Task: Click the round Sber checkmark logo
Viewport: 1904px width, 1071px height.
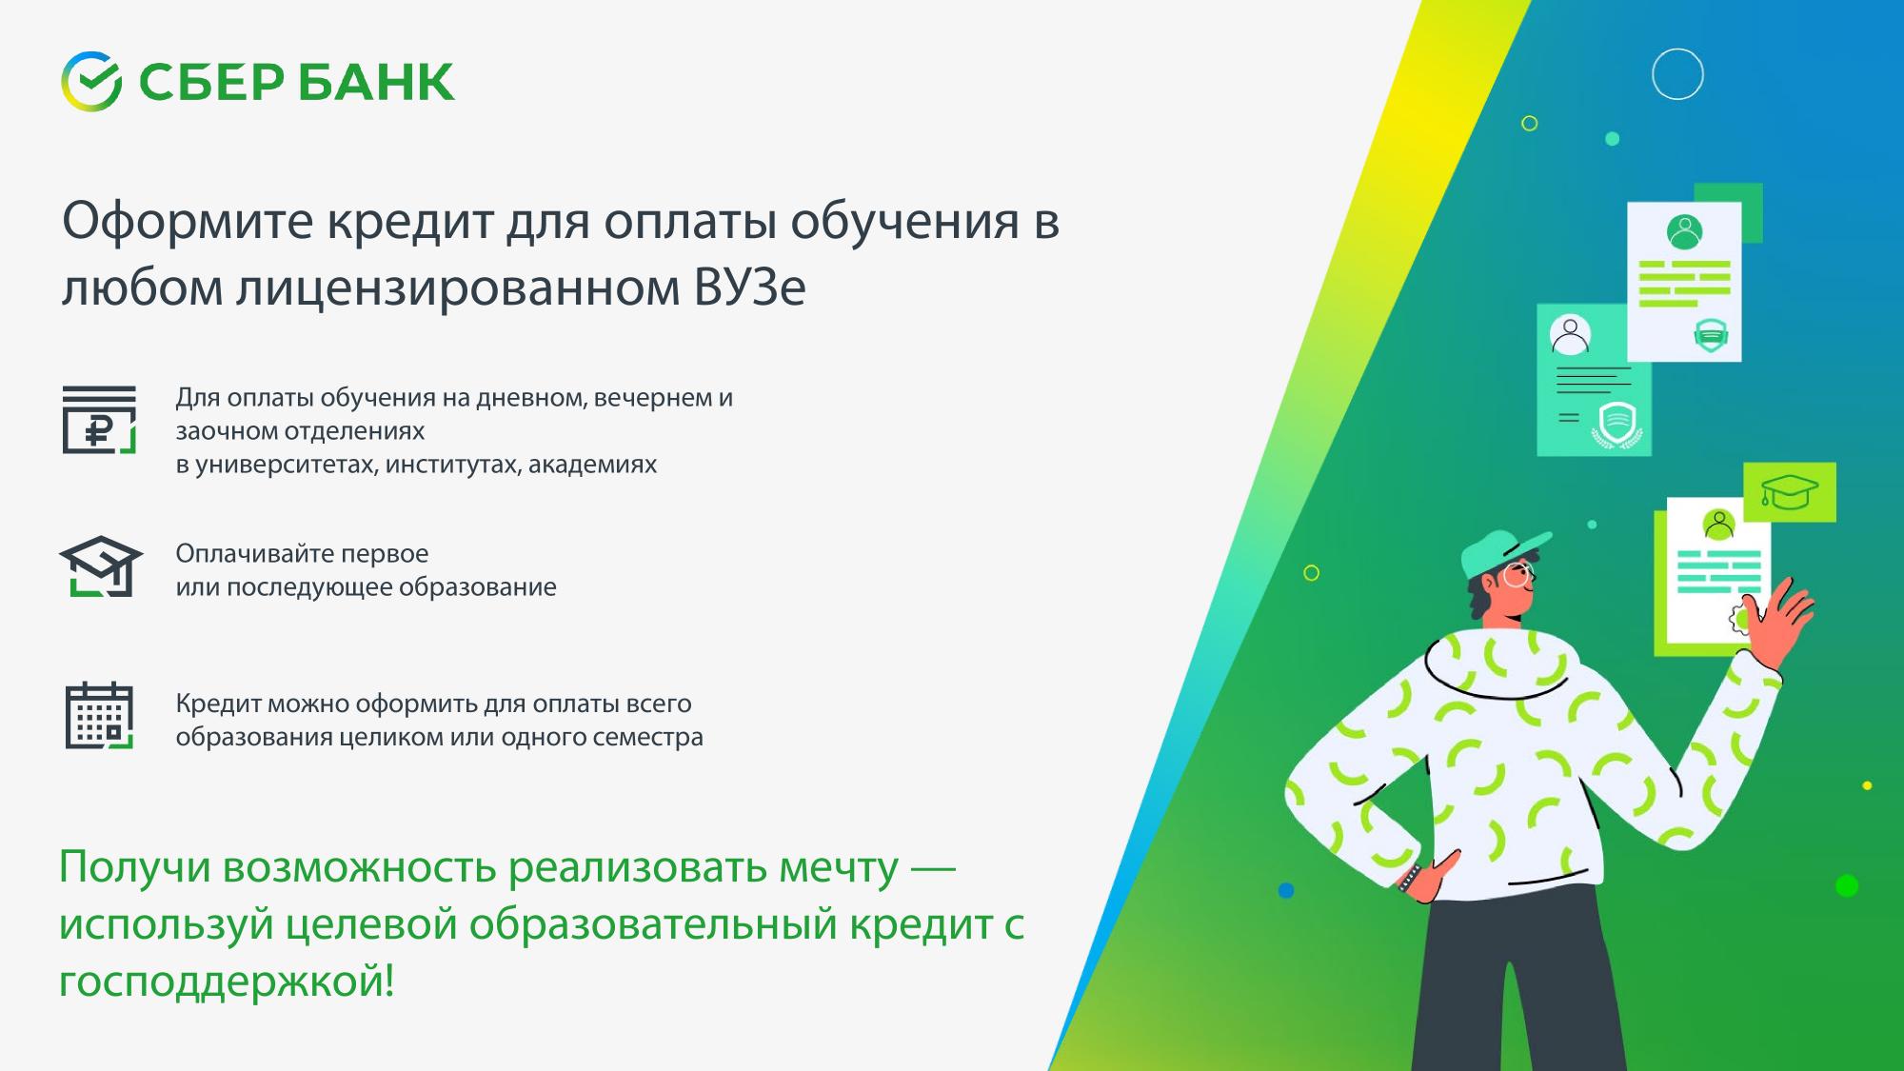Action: coord(91,81)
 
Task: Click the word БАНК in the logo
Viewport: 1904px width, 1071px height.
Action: coord(376,82)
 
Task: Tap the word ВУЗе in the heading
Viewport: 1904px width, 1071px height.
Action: coord(750,287)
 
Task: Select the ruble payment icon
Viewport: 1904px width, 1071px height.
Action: coord(99,419)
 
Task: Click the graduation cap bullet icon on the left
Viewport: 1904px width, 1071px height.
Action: coord(101,566)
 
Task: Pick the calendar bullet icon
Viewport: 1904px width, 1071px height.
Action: coord(99,716)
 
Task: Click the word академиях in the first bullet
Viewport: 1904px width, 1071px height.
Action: coord(592,465)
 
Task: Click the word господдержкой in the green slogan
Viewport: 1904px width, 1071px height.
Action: coord(227,982)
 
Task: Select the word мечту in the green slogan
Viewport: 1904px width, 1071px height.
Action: coord(838,867)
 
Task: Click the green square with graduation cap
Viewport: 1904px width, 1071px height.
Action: coord(1790,492)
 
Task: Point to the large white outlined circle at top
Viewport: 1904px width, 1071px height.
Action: coord(1677,74)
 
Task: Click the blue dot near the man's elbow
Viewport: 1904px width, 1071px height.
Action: coord(1286,890)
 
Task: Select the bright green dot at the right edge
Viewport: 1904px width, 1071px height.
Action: coord(1847,885)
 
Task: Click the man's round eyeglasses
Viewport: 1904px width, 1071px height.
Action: coord(1517,576)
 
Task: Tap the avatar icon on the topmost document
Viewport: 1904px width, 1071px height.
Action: coord(1684,231)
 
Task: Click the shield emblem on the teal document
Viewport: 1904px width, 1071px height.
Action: coord(1616,423)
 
